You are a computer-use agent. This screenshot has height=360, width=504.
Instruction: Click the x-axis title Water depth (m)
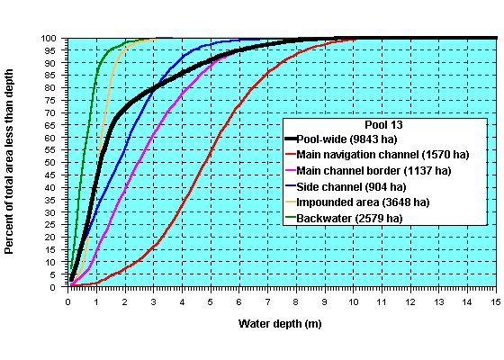pos(282,323)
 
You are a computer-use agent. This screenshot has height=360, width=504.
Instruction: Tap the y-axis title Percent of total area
pos(10,163)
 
